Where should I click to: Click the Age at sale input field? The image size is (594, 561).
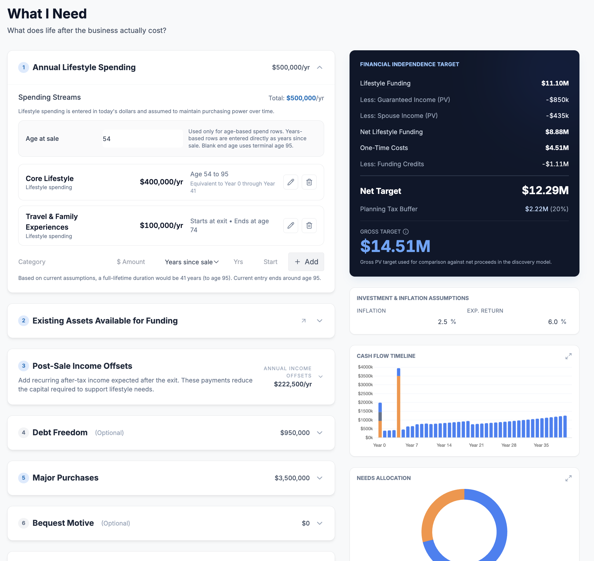[142, 139]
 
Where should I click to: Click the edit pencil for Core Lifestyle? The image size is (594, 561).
[290, 182]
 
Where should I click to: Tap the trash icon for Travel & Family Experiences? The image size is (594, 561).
[309, 225]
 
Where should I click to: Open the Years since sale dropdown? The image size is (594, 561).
[192, 262]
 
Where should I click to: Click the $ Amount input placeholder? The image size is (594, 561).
[131, 262]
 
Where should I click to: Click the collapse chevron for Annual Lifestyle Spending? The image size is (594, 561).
[319, 68]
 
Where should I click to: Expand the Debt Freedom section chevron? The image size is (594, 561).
[319, 433]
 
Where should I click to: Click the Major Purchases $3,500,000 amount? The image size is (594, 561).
[292, 478]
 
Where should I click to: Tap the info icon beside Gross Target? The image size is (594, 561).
[406, 232]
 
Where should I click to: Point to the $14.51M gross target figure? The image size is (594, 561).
[395, 246]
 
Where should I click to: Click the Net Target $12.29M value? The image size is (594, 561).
[545, 191]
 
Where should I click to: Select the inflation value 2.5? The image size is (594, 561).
[442, 322]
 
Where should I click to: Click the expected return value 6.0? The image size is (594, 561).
[552, 322]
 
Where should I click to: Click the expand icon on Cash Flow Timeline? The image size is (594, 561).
[568, 356]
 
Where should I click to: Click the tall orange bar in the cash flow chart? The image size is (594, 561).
[398, 407]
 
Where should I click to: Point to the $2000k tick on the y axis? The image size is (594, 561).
[365, 402]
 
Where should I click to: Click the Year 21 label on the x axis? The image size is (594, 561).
[476, 445]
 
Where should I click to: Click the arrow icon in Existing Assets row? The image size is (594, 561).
[304, 321]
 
